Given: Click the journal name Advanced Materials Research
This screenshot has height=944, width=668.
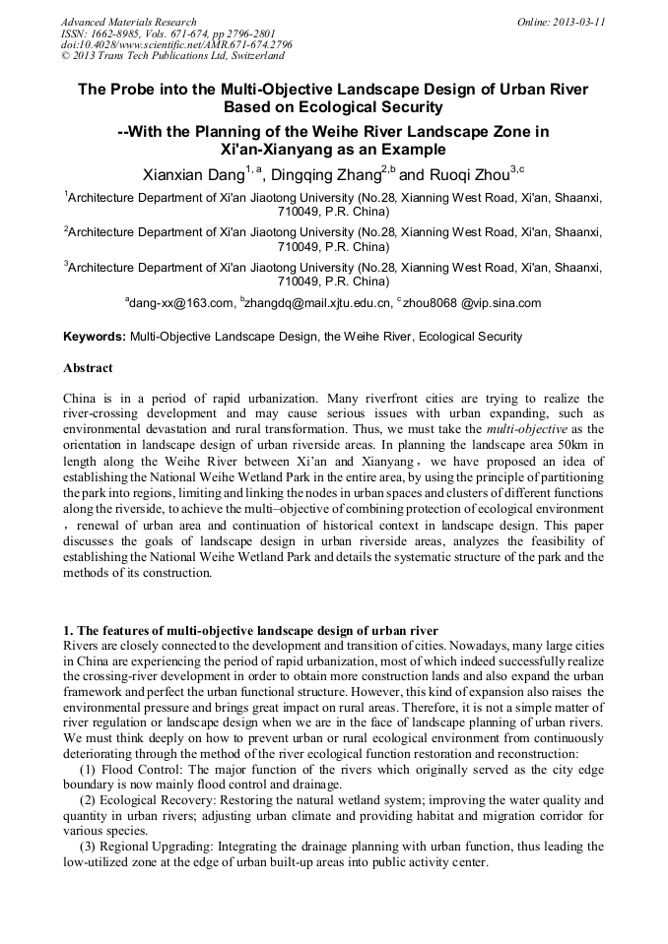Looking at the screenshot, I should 128,22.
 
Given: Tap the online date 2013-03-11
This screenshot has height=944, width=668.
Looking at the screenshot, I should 579,22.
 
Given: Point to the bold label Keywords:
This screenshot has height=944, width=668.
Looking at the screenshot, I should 95,337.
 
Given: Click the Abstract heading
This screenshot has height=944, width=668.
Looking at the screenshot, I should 89,368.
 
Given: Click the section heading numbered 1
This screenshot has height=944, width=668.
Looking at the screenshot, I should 250,630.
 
